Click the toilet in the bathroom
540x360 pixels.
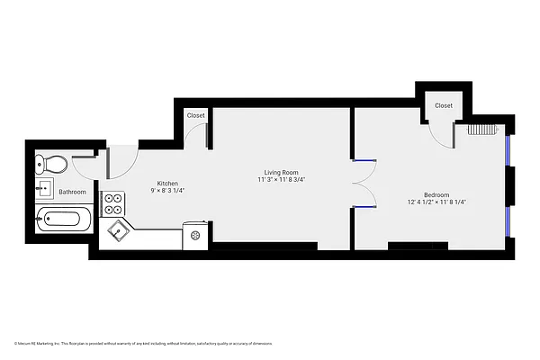(x=51, y=164)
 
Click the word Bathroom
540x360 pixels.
(x=73, y=192)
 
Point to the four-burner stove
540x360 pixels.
(x=113, y=204)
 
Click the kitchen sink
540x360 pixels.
(x=118, y=231)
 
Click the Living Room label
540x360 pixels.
(x=281, y=172)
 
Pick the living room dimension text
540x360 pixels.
(x=281, y=180)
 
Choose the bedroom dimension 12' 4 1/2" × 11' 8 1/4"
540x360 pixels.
(x=436, y=202)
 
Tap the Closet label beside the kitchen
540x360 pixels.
(x=195, y=115)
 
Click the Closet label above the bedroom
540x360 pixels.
(x=444, y=105)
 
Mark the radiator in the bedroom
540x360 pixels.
(x=482, y=129)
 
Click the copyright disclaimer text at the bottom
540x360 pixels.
(x=143, y=343)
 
